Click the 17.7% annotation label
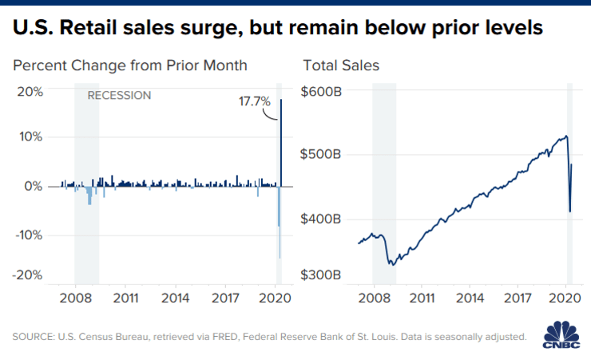[x=255, y=101]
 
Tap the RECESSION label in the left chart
[x=119, y=95]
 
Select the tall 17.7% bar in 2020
[x=281, y=143]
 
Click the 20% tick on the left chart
[x=30, y=92]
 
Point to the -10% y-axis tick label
[x=29, y=235]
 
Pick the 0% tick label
[x=34, y=187]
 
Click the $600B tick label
[x=321, y=92]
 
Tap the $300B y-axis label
[x=321, y=275]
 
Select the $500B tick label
[x=320, y=154]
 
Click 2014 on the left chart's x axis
[x=175, y=299]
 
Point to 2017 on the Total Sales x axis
[x=518, y=299]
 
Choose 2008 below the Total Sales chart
[x=374, y=299]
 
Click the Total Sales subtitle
[x=341, y=65]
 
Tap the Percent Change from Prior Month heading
[x=130, y=65]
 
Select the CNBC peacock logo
[x=561, y=334]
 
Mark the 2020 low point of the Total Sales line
[x=570, y=212]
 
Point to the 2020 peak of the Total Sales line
[x=566, y=136]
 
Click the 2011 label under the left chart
[x=126, y=299]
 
